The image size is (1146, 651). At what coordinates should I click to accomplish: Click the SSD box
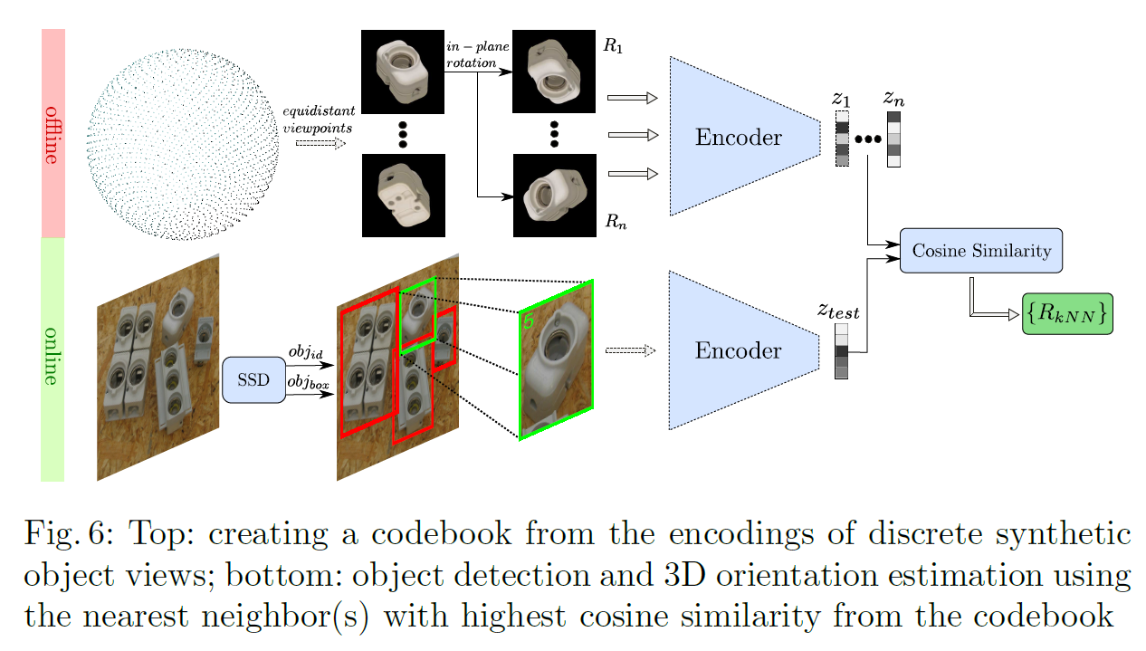pyautogui.click(x=253, y=380)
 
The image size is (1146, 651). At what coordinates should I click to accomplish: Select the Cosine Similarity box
pyautogui.click(x=981, y=251)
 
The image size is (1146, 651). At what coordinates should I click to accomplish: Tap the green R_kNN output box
pyautogui.click(x=1067, y=313)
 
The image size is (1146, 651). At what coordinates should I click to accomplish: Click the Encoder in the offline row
pyautogui.click(x=737, y=138)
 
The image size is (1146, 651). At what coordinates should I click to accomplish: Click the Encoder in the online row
pyautogui.click(x=737, y=350)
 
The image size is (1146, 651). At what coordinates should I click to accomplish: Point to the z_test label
pyautogui.click(x=838, y=311)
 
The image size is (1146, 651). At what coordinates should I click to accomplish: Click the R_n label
pyautogui.click(x=616, y=222)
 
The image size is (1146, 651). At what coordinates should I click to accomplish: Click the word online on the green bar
pyautogui.click(x=53, y=359)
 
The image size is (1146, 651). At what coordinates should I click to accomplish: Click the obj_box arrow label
pyautogui.click(x=307, y=383)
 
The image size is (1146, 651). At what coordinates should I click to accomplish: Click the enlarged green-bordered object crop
pyautogui.click(x=556, y=360)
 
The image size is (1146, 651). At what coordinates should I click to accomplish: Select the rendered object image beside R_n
pyautogui.click(x=554, y=195)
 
